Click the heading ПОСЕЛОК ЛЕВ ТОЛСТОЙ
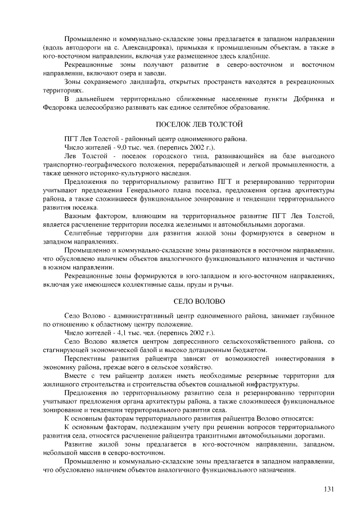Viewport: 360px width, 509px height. [199, 123]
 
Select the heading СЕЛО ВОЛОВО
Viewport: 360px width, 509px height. [199, 302]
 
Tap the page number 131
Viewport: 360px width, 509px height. [329, 488]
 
